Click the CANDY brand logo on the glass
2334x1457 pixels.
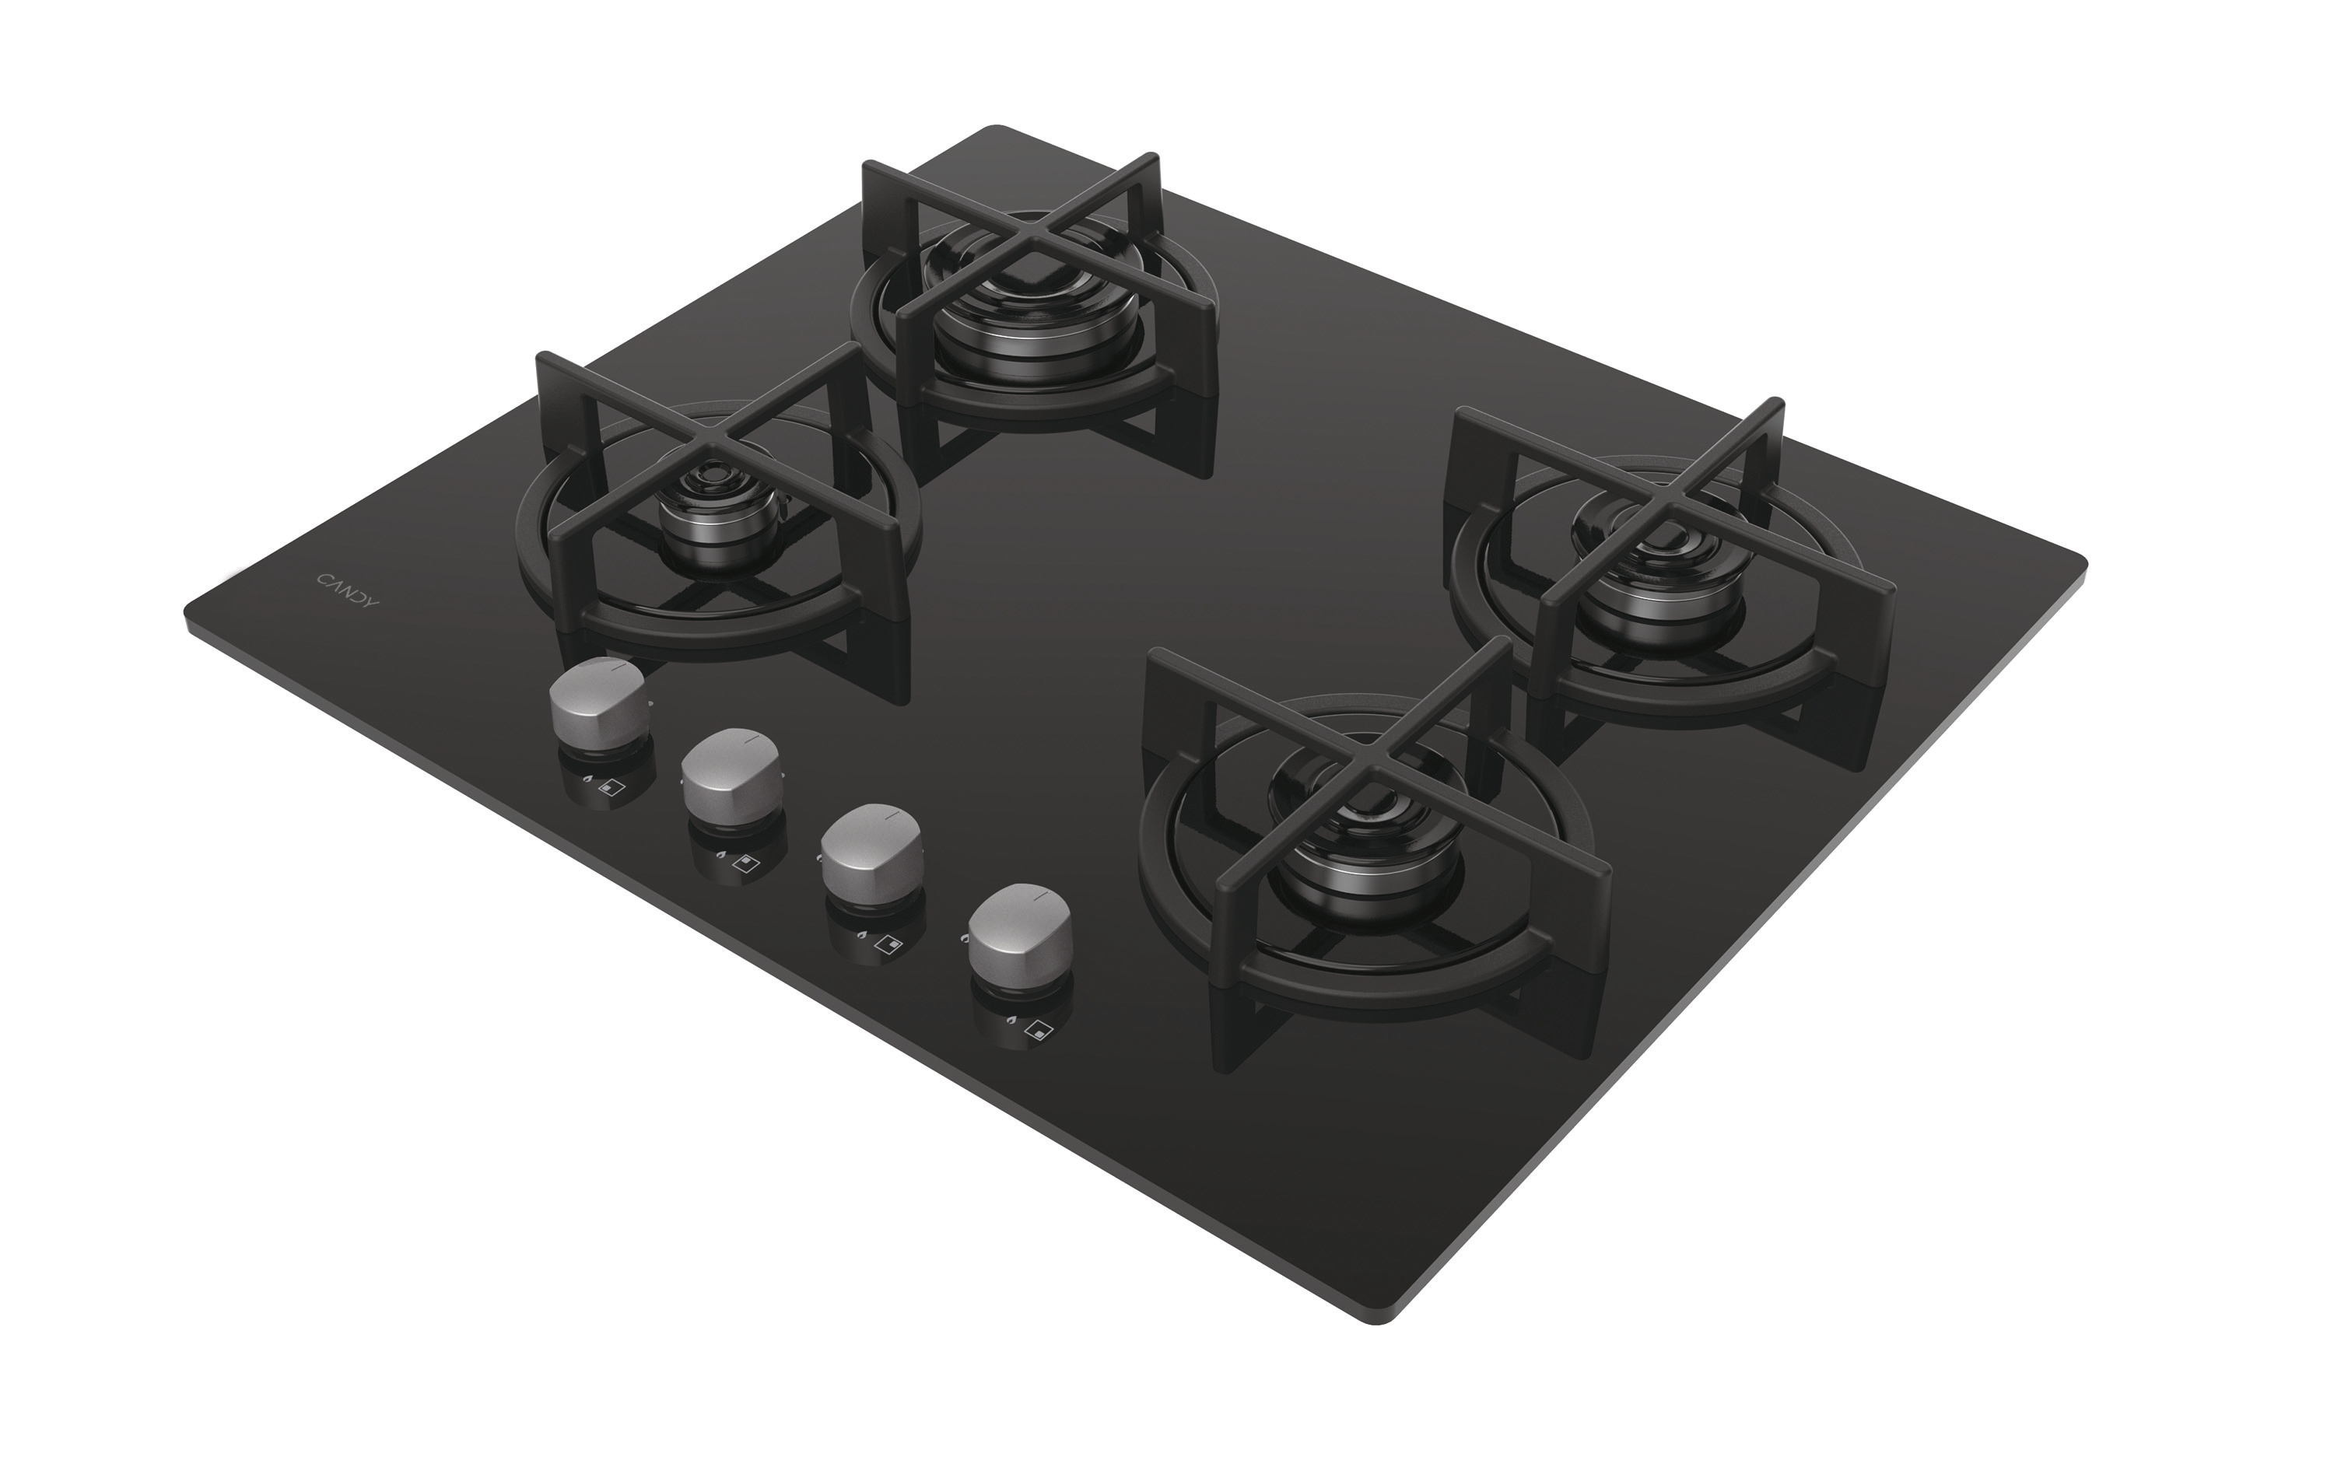pyautogui.click(x=348, y=589)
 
